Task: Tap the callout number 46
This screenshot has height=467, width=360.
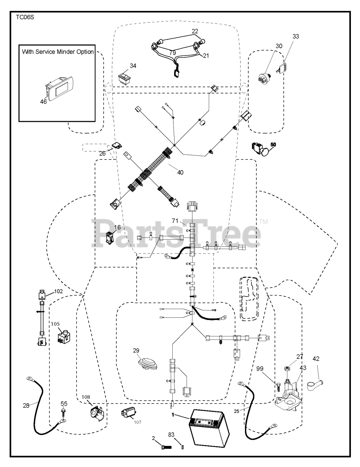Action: click(x=43, y=102)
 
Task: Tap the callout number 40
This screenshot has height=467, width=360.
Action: click(x=180, y=173)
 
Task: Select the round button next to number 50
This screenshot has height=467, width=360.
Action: click(x=267, y=151)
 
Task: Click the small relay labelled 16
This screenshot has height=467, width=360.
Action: click(x=109, y=238)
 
